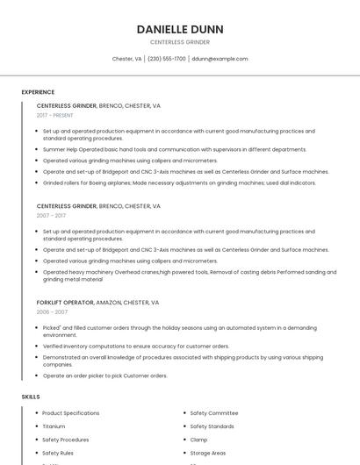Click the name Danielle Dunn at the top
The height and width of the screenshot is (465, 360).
coord(179,29)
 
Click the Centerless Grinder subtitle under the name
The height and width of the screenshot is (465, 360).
coord(179,42)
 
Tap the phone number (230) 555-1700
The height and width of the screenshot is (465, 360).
coord(167,59)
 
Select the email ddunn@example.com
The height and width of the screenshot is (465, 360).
coord(220,59)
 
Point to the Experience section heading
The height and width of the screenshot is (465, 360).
coord(38,91)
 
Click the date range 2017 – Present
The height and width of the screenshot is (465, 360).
coord(55,115)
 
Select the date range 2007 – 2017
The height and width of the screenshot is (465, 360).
coord(51,216)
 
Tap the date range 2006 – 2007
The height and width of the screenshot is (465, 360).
coord(52,311)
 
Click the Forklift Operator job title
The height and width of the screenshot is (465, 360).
coord(65,302)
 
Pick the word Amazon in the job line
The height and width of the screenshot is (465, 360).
coord(110,302)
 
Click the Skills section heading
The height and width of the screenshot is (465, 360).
coord(31,397)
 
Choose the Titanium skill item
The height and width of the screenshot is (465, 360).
coord(54,426)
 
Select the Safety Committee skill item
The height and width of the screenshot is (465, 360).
coord(214,412)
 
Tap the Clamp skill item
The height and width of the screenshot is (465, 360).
coord(198,440)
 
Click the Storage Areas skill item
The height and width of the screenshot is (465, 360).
coord(208,454)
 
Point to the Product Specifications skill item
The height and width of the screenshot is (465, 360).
coord(70,412)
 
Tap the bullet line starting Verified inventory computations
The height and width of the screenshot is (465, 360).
coord(136,346)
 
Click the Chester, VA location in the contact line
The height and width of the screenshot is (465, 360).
coord(126,59)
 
